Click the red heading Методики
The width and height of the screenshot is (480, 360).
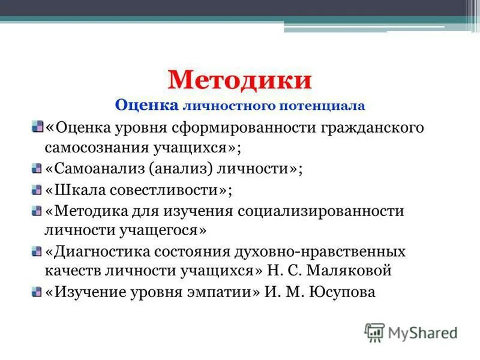tap(240, 80)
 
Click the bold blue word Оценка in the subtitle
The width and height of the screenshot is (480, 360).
tap(146, 106)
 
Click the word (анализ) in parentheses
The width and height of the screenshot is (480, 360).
tap(189, 169)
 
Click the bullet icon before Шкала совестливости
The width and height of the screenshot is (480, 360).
tap(37, 190)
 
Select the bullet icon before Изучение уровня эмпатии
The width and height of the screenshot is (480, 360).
tap(37, 292)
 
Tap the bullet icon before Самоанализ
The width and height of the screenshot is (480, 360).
tap(37, 169)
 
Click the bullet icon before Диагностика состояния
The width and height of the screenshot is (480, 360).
tap(37, 250)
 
